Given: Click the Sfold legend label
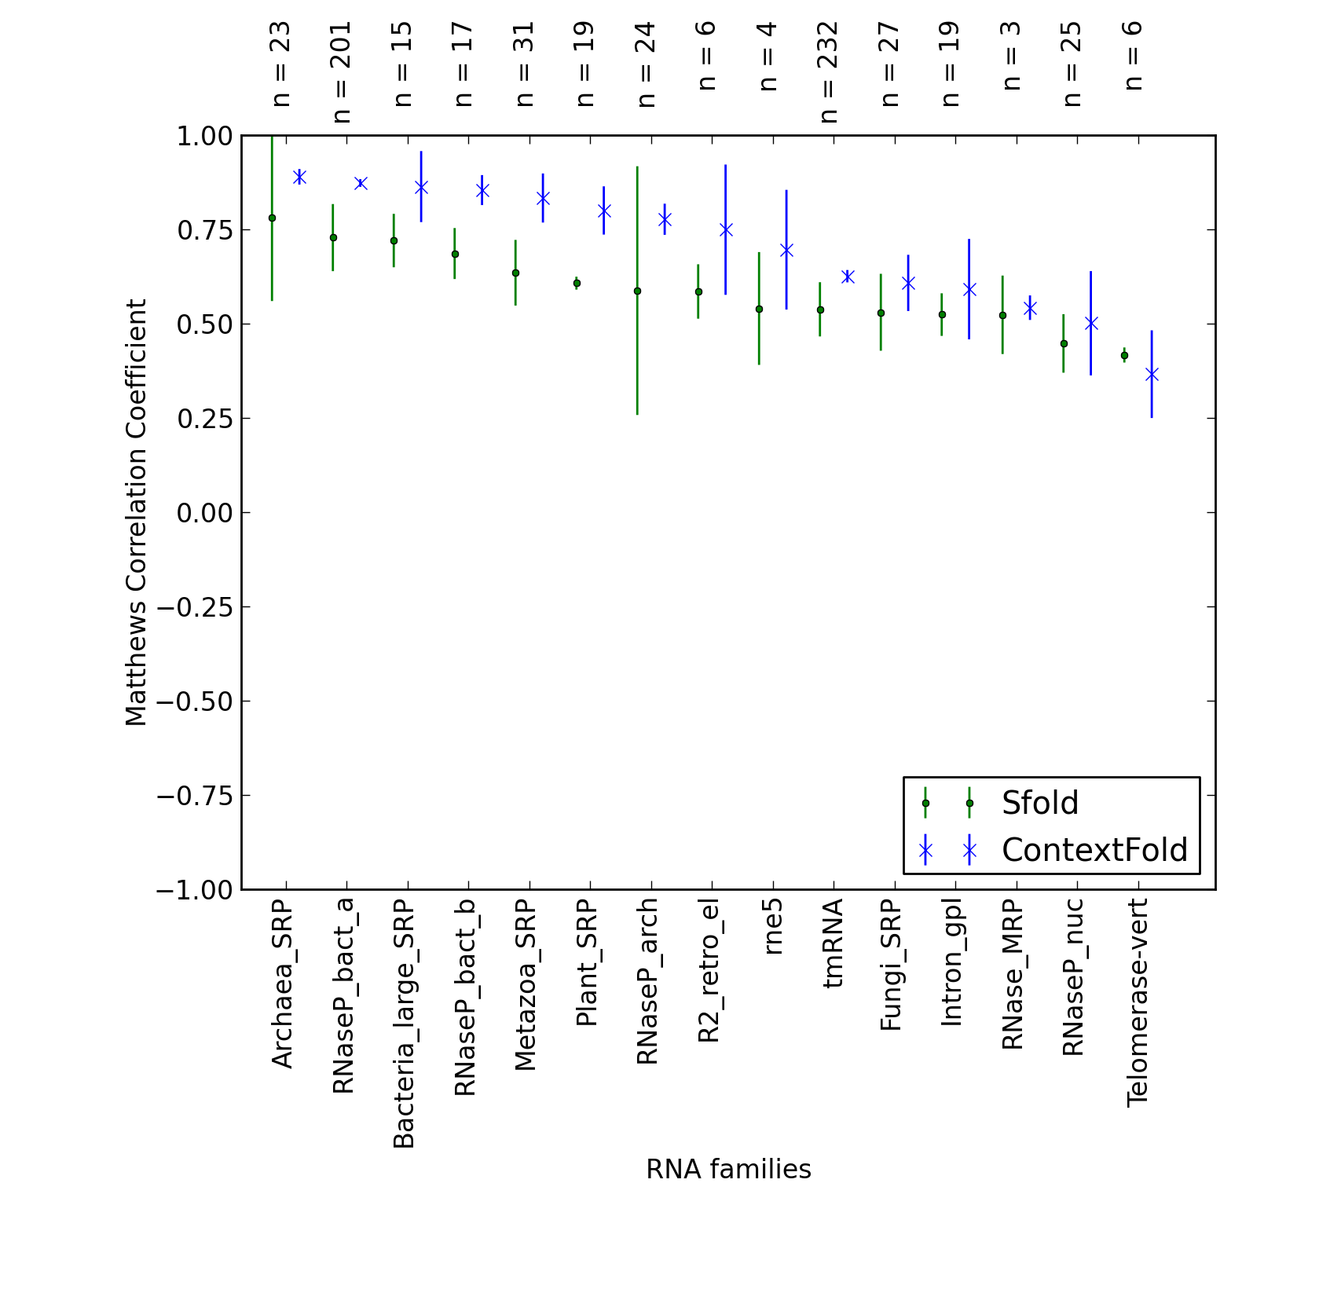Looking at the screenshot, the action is (1039, 803).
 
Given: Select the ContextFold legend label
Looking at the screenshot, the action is (1094, 850).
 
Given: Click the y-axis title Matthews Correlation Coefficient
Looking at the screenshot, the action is (136, 512).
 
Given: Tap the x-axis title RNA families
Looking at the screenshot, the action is (728, 1170).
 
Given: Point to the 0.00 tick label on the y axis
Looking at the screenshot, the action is (205, 513).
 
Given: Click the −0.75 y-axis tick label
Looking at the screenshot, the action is (195, 796).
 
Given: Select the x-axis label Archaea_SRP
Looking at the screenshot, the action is (282, 984).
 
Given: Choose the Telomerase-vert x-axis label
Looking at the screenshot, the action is (1138, 1003).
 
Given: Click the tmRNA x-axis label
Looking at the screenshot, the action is (833, 943).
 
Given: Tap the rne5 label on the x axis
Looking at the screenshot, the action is (772, 927).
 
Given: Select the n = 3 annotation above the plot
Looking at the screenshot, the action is (1012, 56).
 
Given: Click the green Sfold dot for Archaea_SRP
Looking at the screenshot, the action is (272, 218).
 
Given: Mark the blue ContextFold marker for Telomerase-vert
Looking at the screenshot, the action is (1152, 374).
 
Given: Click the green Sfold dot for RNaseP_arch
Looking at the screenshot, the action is (637, 291).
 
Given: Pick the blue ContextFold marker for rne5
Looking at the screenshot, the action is (786, 250).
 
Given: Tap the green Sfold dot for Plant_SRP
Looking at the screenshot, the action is (577, 283).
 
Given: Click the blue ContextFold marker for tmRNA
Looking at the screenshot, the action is (848, 277).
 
